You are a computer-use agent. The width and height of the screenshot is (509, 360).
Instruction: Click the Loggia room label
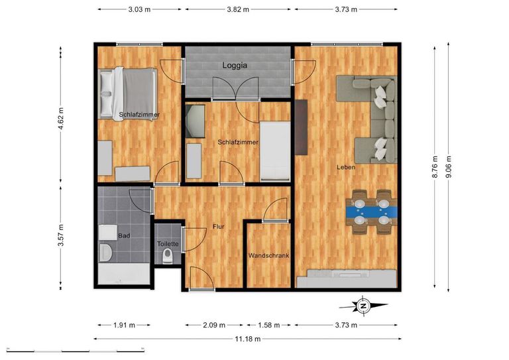click(235, 65)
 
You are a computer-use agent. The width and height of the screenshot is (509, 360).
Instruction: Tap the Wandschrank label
click(269, 255)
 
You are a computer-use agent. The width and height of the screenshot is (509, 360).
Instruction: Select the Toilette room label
click(168, 244)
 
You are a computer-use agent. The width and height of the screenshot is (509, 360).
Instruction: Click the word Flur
click(219, 227)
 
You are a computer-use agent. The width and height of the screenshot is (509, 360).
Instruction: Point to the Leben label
click(346, 167)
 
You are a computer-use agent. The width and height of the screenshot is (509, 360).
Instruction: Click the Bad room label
click(124, 235)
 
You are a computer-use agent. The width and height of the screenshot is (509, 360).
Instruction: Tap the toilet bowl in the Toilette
click(168, 256)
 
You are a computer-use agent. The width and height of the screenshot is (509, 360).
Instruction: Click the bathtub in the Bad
click(124, 274)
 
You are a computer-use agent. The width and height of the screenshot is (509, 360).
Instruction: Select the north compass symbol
click(363, 306)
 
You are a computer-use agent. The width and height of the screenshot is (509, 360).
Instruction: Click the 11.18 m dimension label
click(248, 339)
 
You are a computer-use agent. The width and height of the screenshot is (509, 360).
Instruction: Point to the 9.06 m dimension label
click(448, 167)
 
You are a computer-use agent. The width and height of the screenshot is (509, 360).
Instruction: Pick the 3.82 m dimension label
click(238, 9)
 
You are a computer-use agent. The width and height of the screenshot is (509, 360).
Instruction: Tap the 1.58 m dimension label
click(269, 325)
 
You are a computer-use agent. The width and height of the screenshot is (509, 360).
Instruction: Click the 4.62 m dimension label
click(61, 119)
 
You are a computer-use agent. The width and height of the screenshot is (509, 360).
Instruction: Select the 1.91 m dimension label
click(124, 325)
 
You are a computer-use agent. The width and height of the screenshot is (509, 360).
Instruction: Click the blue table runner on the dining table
click(372, 212)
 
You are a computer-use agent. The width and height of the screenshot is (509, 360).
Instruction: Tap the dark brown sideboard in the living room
click(302, 127)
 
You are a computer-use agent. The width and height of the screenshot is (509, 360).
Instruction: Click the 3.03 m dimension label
click(139, 9)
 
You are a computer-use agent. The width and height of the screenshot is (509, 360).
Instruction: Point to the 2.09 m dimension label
click(214, 325)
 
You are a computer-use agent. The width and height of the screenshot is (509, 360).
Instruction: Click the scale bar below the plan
click(76, 351)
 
